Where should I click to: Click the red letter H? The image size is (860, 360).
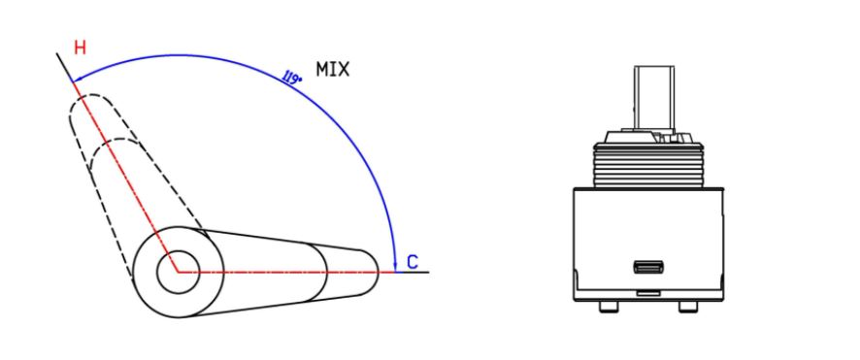pyautogui.click(x=80, y=48)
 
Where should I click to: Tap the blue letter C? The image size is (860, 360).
pyautogui.click(x=413, y=262)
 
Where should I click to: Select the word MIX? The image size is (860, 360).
pyautogui.click(x=332, y=69)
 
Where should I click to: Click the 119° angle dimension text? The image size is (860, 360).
pyautogui.click(x=292, y=77)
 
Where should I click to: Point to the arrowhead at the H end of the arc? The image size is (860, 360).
pyautogui.click(x=78, y=78)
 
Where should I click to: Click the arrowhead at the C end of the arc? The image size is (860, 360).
pyautogui.click(x=395, y=266)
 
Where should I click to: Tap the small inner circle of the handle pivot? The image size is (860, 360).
pyautogui.click(x=178, y=272)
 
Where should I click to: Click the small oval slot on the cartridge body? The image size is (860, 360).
pyautogui.click(x=648, y=268)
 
